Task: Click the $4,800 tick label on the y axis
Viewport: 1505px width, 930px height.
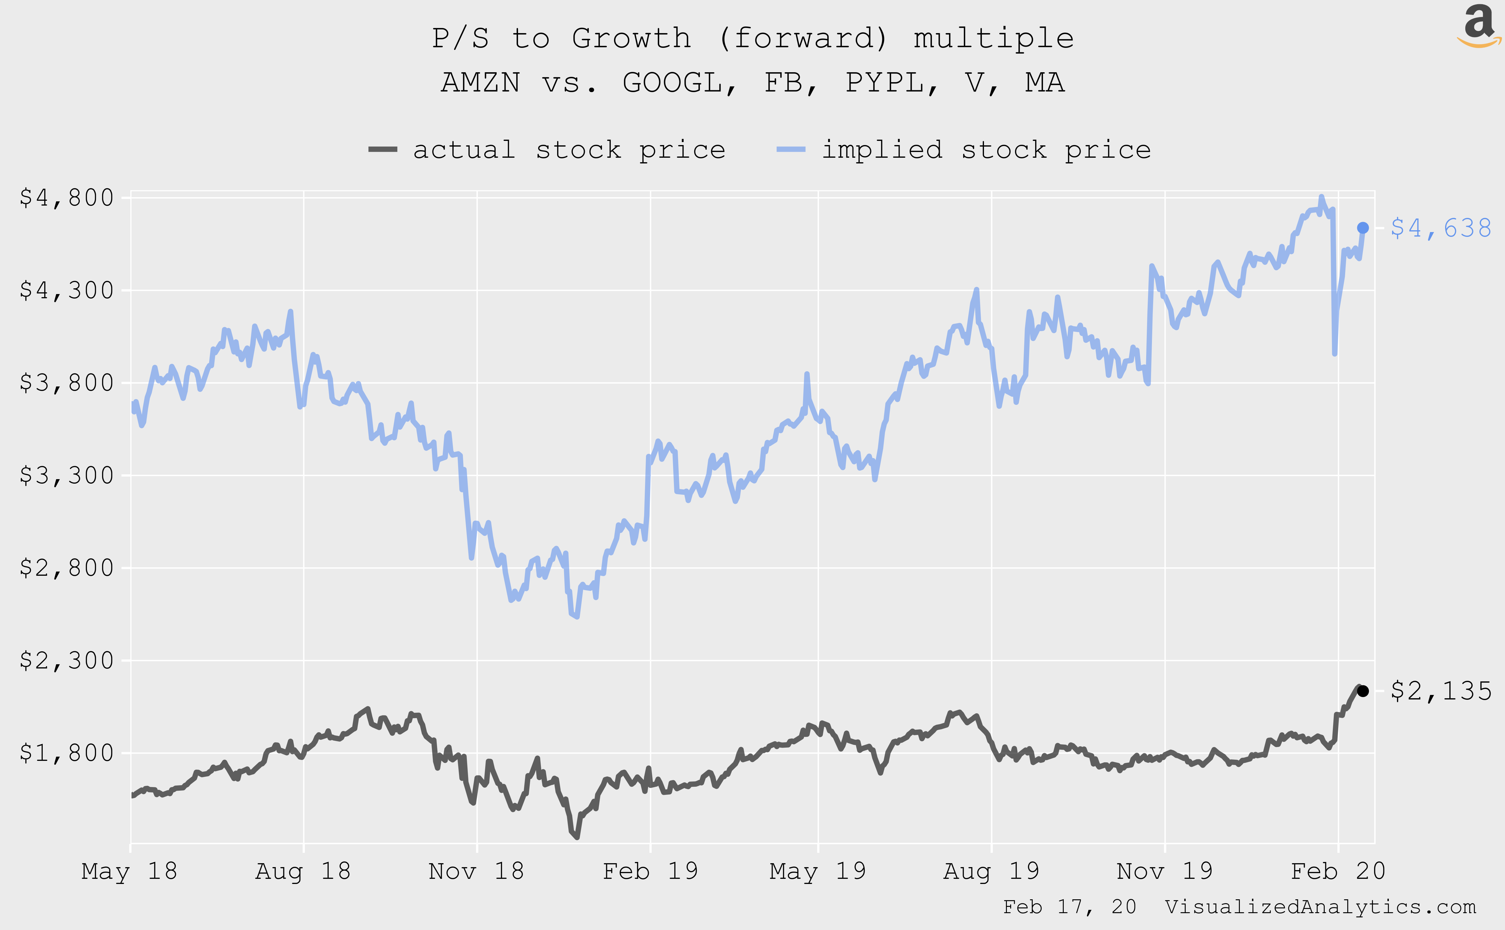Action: tap(67, 198)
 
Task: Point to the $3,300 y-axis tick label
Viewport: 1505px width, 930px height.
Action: tap(67, 476)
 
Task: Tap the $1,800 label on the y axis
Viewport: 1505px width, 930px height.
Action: tap(67, 753)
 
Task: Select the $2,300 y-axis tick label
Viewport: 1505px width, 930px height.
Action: tap(67, 661)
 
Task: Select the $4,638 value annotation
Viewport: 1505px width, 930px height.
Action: tap(1440, 228)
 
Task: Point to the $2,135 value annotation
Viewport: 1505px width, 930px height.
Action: tap(1440, 691)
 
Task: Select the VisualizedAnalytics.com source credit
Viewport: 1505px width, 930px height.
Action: tap(1320, 907)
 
